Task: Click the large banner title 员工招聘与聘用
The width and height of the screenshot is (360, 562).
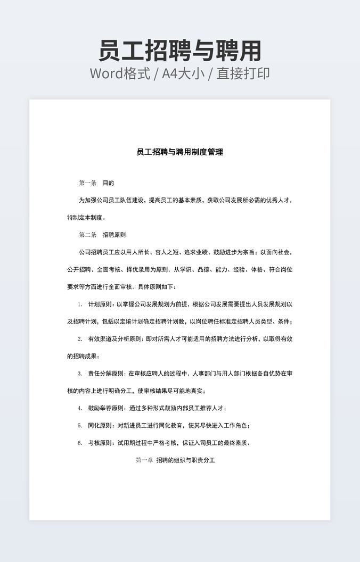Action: (x=180, y=51)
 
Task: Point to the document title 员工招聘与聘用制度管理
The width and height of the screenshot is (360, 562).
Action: (x=179, y=152)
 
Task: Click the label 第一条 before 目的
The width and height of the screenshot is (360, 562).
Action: (x=87, y=183)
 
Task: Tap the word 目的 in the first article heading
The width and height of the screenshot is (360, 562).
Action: (x=108, y=183)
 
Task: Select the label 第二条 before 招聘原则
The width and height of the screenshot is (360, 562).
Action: (x=87, y=235)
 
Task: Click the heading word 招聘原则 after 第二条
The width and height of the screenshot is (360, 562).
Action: (x=114, y=235)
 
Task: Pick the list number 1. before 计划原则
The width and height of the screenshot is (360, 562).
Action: (x=80, y=304)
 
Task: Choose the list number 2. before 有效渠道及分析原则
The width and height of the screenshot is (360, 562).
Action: (x=80, y=339)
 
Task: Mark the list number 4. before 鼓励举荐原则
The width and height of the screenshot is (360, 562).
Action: (x=80, y=408)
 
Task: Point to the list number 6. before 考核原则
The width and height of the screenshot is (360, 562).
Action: (x=80, y=443)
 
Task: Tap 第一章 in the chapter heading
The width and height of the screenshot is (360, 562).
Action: (x=144, y=460)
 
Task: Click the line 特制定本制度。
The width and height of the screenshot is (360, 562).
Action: (x=87, y=218)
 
